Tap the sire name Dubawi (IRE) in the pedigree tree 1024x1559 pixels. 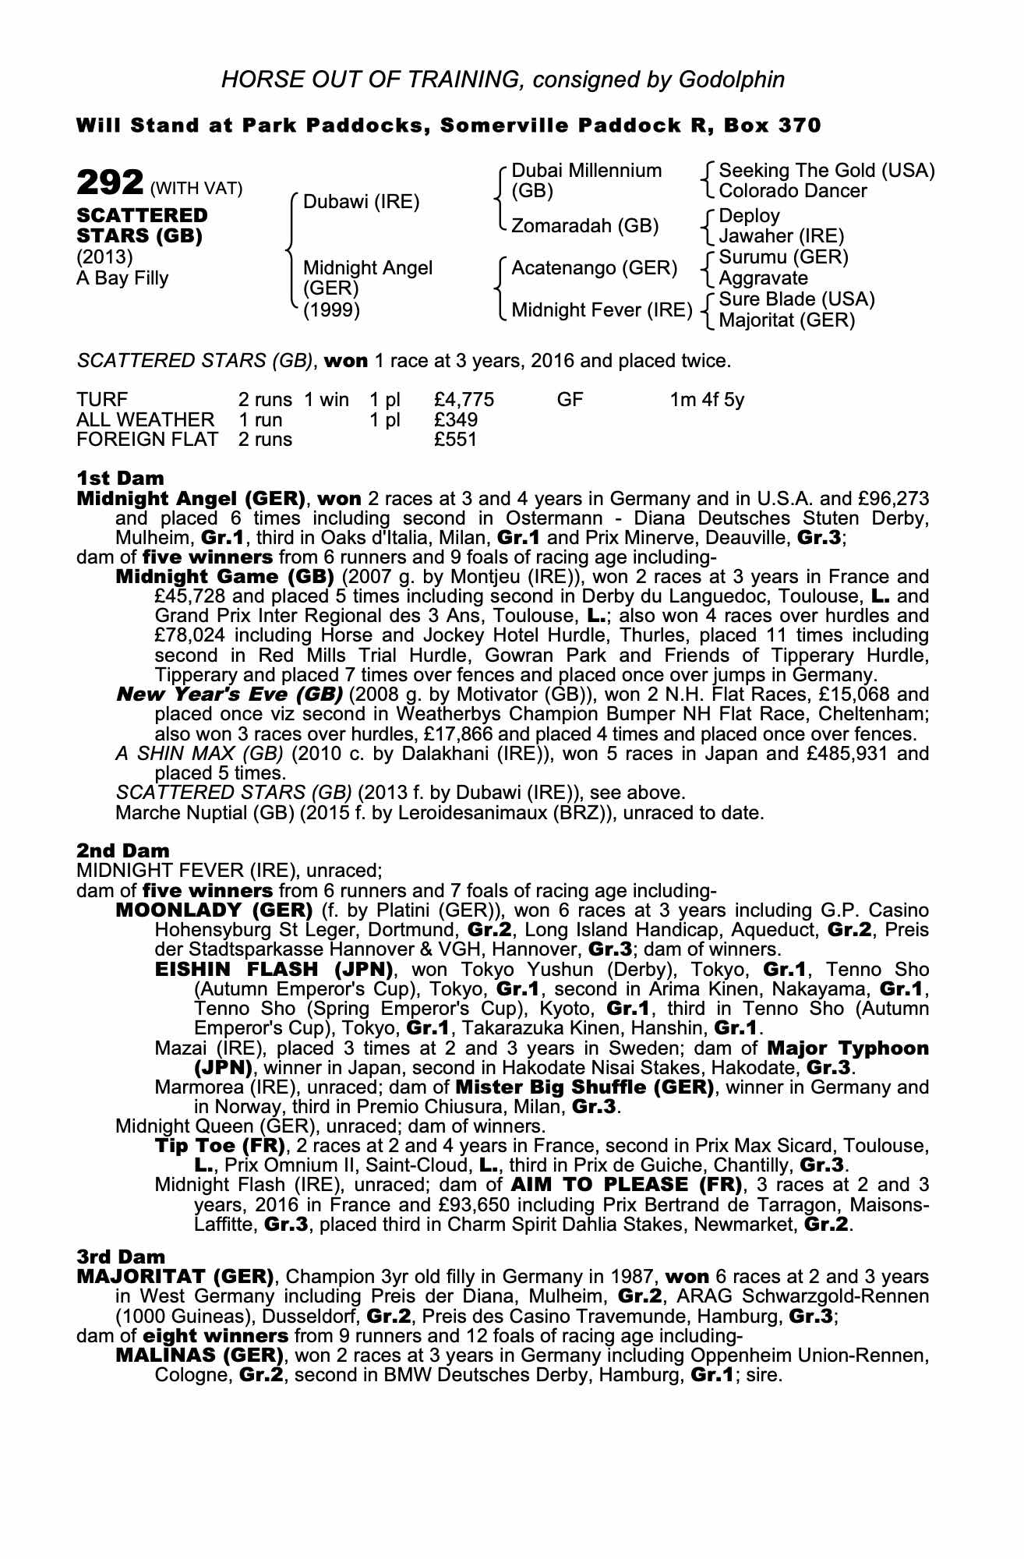pyautogui.click(x=361, y=203)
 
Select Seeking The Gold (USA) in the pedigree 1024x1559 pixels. pyautogui.click(x=826, y=171)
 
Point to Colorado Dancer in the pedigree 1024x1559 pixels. pyautogui.click(x=793, y=191)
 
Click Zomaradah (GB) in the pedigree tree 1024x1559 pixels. pyautogui.click(x=584, y=226)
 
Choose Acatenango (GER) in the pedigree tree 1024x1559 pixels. pyautogui.click(x=594, y=268)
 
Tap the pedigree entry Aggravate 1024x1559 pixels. pyautogui.click(x=763, y=278)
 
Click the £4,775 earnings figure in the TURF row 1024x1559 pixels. pyautogui.click(x=464, y=400)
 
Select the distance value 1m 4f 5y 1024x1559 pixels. pyautogui.click(x=707, y=400)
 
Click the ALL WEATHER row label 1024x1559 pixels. pyautogui.click(x=145, y=419)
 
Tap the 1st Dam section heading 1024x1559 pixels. pyautogui.click(x=120, y=477)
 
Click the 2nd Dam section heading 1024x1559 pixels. pyautogui.click(x=122, y=850)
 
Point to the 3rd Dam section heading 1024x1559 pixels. pyautogui.click(x=122, y=1256)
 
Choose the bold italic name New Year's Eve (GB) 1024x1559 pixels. pyautogui.click(x=229, y=694)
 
